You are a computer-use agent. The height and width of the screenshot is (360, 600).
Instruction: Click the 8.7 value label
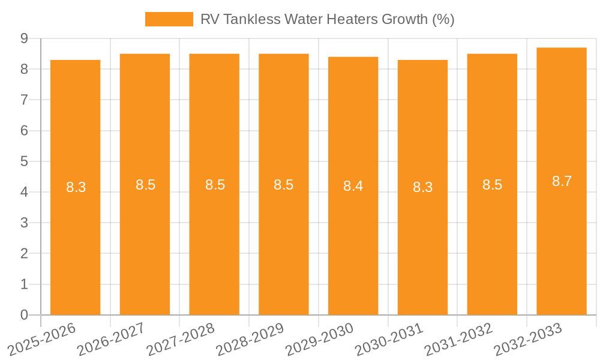tap(562, 181)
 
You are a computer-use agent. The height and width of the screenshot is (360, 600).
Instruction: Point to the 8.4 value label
tap(353, 186)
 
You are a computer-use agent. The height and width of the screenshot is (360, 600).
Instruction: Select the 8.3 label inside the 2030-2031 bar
tap(422, 187)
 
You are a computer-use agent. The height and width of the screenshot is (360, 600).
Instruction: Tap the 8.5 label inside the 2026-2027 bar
tap(145, 185)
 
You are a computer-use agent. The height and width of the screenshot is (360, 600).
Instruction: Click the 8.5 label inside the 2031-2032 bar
tap(492, 185)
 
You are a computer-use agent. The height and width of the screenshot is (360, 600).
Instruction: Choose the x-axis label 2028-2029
tap(250, 339)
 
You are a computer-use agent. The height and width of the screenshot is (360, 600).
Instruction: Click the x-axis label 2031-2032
tap(458, 339)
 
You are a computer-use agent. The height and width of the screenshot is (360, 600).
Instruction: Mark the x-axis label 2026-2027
tap(111, 339)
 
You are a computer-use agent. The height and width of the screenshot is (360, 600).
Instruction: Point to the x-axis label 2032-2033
tap(528, 339)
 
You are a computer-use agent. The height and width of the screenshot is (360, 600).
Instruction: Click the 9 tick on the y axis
tap(24, 38)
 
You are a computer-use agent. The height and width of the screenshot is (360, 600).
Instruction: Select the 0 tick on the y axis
tap(24, 315)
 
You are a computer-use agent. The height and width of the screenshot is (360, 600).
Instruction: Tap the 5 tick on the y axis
tap(24, 161)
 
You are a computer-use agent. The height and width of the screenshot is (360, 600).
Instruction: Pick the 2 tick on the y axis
tap(24, 254)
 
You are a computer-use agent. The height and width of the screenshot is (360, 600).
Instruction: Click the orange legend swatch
tap(169, 19)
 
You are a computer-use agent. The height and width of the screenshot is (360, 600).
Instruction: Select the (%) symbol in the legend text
tap(443, 19)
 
